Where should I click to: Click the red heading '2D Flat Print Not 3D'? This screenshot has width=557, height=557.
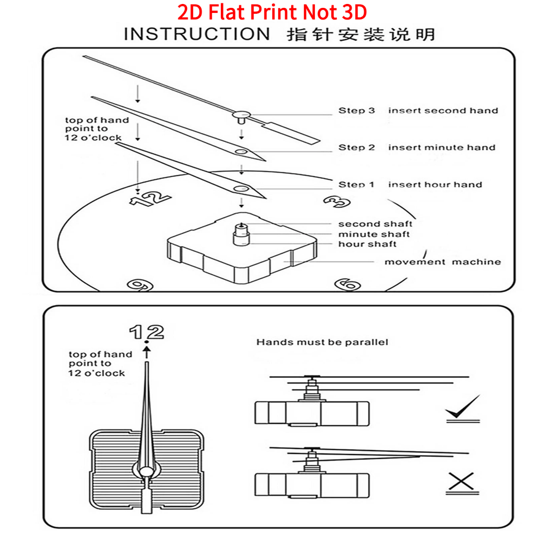point(272,12)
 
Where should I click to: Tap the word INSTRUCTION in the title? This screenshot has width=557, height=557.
point(197,34)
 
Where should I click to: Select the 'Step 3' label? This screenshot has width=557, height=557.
point(356,110)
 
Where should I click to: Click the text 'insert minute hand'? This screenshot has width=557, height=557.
point(442,148)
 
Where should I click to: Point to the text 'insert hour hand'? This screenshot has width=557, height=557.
point(435,184)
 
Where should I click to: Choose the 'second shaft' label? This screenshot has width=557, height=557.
point(375,224)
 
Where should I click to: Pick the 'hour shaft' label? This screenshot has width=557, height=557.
point(367,244)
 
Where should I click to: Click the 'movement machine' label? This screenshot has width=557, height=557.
point(443,262)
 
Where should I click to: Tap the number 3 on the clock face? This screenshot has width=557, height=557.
point(337,202)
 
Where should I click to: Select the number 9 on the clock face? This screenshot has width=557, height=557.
point(140,285)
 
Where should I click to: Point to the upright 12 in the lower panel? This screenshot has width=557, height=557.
point(147,332)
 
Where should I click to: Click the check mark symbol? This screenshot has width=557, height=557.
point(463,407)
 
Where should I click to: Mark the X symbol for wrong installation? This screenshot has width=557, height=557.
point(461,481)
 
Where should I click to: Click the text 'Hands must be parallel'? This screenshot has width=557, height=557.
point(322,342)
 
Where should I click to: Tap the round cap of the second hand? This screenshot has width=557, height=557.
point(242,114)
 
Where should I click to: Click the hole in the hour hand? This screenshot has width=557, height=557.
point(241,188)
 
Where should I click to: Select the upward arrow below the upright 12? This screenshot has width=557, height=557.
point(147,353)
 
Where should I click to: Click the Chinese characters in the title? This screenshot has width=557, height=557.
point(361,35)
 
